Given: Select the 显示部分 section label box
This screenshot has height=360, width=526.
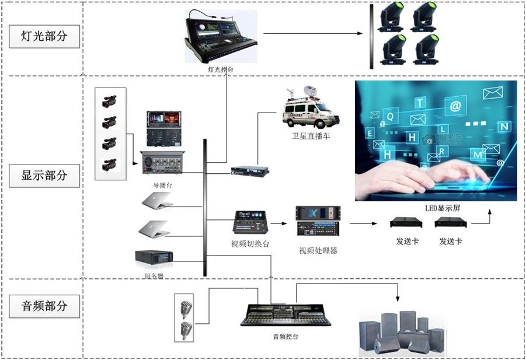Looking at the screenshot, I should [x=44, y=175].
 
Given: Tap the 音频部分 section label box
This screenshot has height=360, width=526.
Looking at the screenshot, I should [x=44, y=306].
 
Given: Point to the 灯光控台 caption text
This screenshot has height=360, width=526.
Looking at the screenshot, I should [x=222, y=69].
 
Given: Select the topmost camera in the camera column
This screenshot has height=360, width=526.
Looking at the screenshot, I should [x=109, y=102].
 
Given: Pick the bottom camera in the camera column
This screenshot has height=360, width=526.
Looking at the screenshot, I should [x=109, y=164].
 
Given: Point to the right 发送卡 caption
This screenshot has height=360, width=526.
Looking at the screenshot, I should [x=451, y=240].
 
